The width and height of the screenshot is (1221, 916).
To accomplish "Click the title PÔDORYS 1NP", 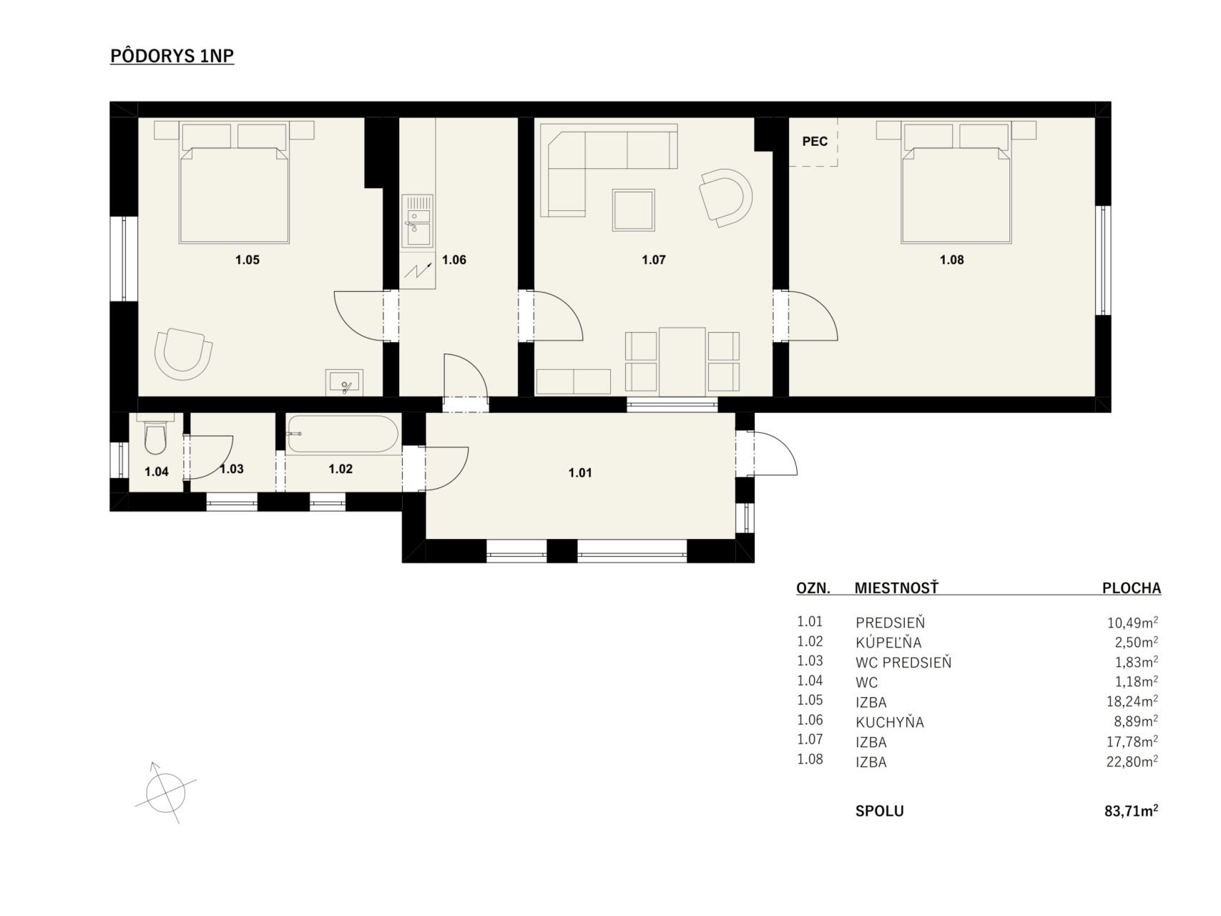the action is click(x=172, y=56).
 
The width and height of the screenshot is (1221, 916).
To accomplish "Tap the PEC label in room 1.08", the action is click(x=815, y=142).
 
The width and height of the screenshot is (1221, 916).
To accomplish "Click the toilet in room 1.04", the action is click(x=155, y=435).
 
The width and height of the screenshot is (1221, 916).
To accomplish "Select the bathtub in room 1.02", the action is click(x=343, y=434).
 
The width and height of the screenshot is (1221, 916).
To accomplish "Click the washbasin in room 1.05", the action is click(x=345, y=383).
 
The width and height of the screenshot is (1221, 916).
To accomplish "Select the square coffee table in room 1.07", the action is click(x=634, y=210).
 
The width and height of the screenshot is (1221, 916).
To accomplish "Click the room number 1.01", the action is click(x=580, y=473).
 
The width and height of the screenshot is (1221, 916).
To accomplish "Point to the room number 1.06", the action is click(x=454, y=260).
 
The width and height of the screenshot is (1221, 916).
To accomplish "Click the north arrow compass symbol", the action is click(x=165, y=792).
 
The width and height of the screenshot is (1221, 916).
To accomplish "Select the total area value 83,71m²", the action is click(x=1131, y=811).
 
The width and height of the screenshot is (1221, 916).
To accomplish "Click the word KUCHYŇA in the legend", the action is click(x=890, y=721).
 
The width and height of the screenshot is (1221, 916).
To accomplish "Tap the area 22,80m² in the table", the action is click(x=1132, y=761).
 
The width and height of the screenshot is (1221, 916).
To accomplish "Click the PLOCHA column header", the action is click(x=1132, y=588).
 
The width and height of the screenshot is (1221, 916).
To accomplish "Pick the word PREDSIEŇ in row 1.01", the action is click(x=891, y=623).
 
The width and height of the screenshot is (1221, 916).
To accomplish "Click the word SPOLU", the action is click(x=880, y=812).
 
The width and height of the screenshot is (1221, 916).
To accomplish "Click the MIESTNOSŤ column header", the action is click(x=896, y=588).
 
